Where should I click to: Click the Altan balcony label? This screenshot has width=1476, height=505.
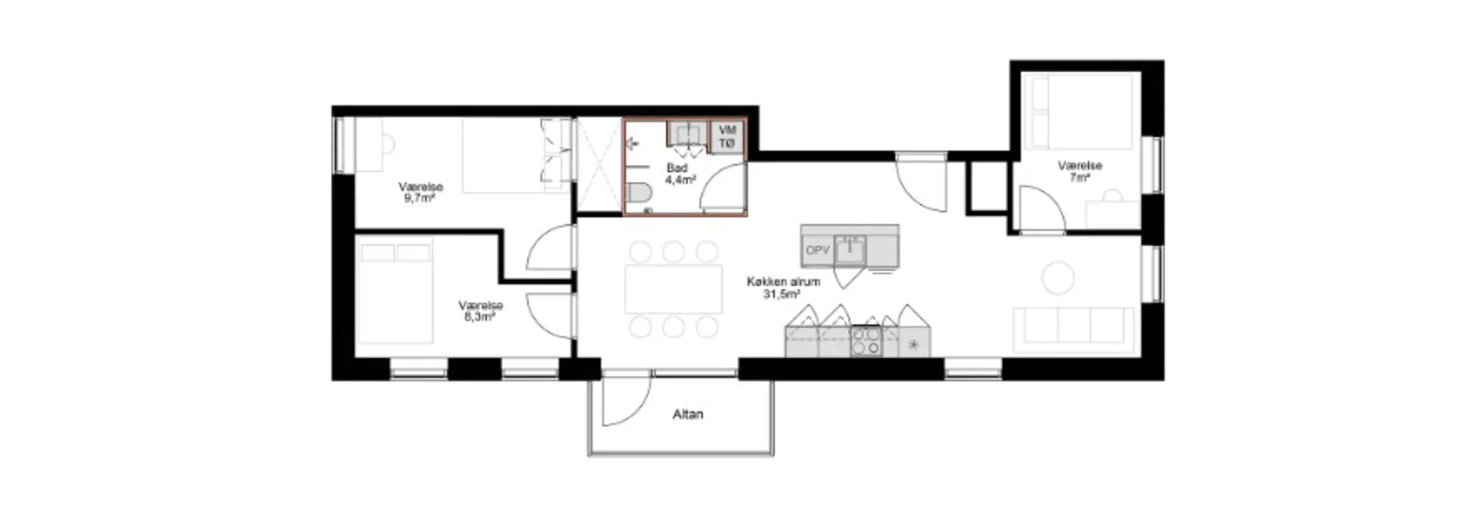(687, 415)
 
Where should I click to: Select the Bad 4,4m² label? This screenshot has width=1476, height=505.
(679, 174)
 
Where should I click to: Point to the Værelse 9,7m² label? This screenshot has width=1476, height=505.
(420, 192)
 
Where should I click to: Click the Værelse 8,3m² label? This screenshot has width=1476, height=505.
(480, 310)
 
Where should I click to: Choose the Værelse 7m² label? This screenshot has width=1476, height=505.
(1080, 171)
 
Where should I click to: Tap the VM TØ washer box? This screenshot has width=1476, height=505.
(727, 137)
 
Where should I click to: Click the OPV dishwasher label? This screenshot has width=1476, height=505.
(817, 250)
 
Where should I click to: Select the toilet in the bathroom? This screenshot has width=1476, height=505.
(638, 193)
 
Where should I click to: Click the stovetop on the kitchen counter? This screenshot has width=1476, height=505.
(866, 341)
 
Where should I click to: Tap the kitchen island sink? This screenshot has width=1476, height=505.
(851, 250)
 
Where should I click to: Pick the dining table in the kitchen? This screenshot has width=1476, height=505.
(674, 289)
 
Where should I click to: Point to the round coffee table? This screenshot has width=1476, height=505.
(1058, 278)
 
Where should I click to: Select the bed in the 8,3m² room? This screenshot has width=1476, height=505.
(394, 292)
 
